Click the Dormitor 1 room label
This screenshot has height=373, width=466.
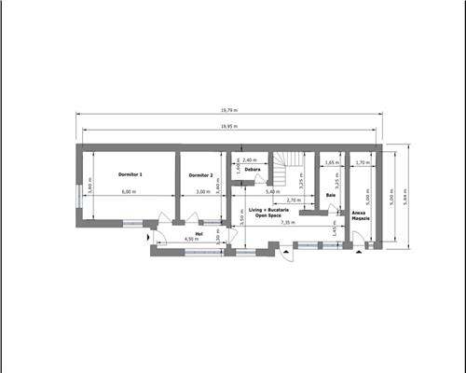(x=130, y=174)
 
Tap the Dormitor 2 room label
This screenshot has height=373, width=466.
(x=201, y=175)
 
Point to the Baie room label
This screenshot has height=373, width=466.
(x=331, y=222)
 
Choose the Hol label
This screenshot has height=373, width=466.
(x=199, y=233)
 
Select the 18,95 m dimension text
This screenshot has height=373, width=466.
(x=229, y=126)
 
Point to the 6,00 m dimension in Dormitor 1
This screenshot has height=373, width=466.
(x=128, y=192)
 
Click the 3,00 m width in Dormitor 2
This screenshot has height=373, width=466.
(x=201, y=192)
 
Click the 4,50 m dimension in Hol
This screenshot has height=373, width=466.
(x=190, y=240)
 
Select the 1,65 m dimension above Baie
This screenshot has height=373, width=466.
(x=332, y=162)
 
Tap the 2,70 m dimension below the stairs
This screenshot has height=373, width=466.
(x=294, y=200)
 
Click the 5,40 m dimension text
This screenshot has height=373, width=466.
(x=271, y=192)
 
